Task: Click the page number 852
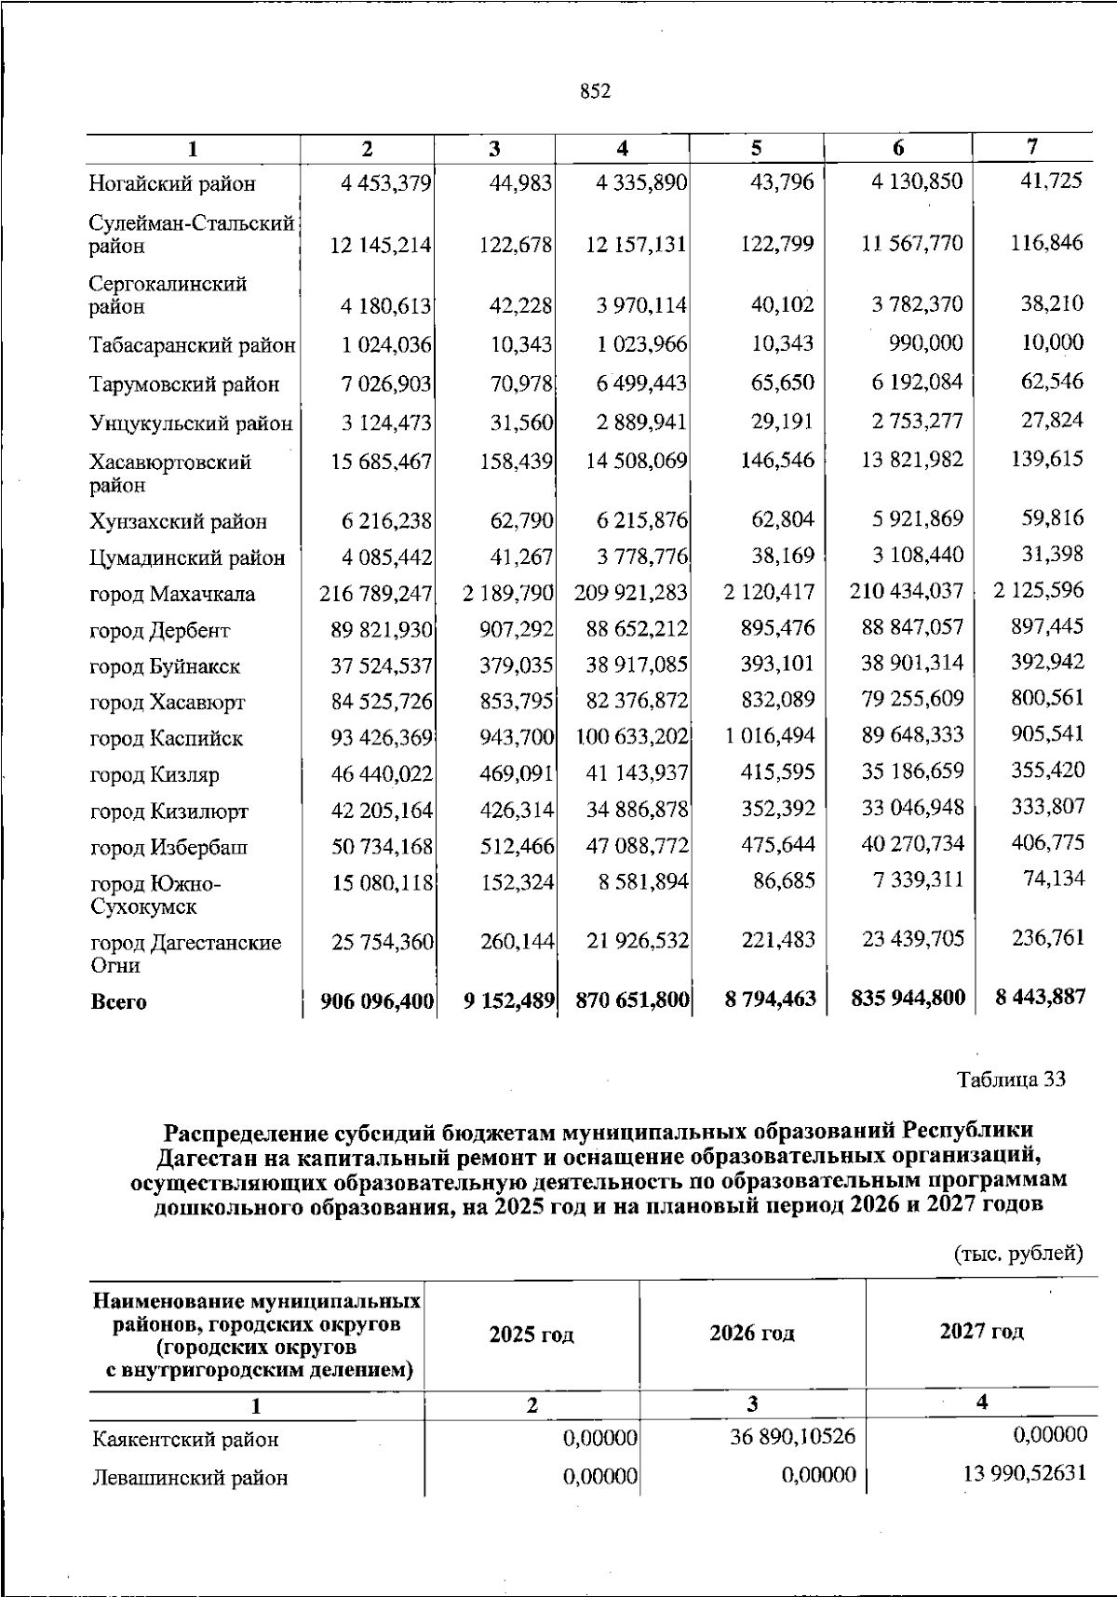tap(595, 91)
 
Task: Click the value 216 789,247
tap(376, 594)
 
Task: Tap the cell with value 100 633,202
tap(632, 738)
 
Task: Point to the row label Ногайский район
tap(172, 184)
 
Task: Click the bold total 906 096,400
tap(377, 1002)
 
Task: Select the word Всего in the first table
tap(118, 1003)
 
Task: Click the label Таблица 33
tap(1011, 1080)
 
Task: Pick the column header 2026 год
tap(752, 1334)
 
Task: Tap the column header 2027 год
tap(981, 1332)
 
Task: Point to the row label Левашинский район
tap(191, 1478)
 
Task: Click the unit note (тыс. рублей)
tap(1019, 1254)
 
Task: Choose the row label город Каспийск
tap(167, 739)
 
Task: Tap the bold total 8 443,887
tap(1039, 998)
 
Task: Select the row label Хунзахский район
tap(179, 522)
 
